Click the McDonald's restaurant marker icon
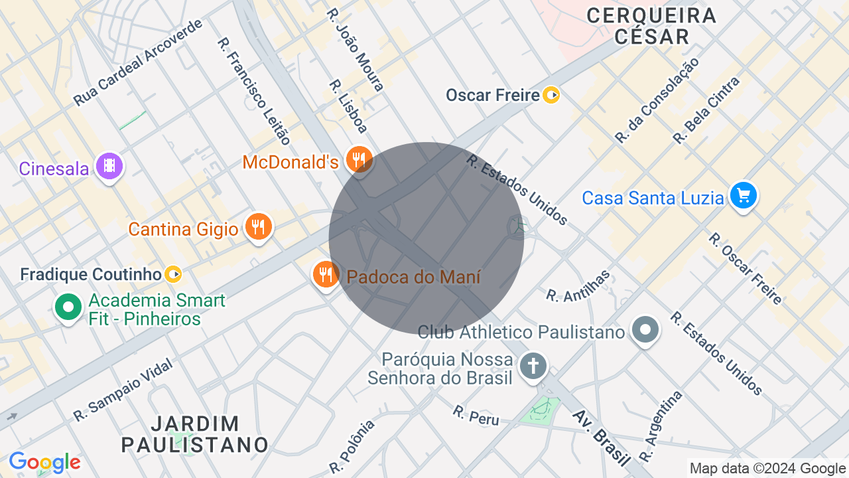click(359, 159)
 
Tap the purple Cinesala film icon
click(109, 166)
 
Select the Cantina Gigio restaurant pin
click(258, 227)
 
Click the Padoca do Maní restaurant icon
click(325, 274)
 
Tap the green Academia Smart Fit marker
click(68, 307)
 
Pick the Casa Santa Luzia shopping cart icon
click(743, 196)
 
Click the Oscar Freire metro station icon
click(551, 95)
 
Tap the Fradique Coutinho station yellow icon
click(173, 274)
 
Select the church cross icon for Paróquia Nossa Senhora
click(533, 366)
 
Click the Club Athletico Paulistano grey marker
click(645, 329)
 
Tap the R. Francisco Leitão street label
click(254, 91)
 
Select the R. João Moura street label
click(356, 49)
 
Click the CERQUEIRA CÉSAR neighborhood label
click(651, 26)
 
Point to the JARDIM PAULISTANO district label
click(195, 434)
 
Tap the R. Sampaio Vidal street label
click(123, 390)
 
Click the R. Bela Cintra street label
click(706, 110)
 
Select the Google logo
click(44, 462)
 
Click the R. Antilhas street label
click(578, 286)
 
